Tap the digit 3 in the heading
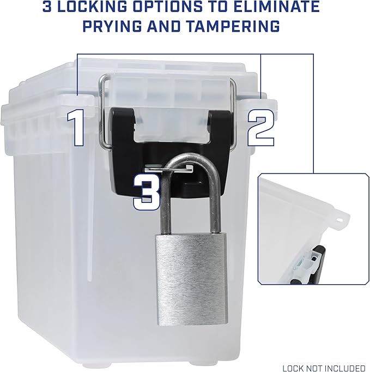click(47, 7)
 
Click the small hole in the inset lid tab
click(339, 219)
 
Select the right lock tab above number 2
click(259, 104)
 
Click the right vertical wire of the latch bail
click(233, 111)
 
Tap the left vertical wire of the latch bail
click(101, 111)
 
